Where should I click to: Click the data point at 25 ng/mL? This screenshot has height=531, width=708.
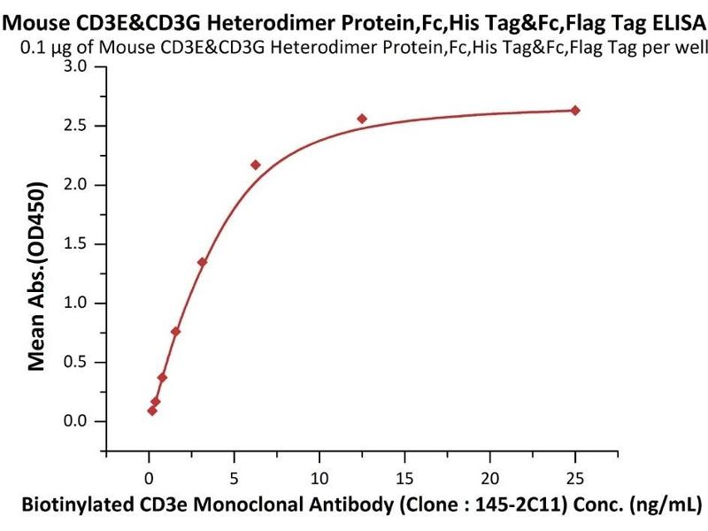(x=575, y=110)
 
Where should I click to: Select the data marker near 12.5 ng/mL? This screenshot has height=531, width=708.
(x=362, y=119)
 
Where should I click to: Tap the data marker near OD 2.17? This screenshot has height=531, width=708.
(x=256, y=165)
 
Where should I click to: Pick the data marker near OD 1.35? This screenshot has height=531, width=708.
(x=202, y=262)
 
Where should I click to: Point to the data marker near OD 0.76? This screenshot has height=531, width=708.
(x=175, y=332)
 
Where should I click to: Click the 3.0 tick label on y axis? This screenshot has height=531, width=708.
(x=77, y=67)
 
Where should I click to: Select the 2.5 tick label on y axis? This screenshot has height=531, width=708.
(x=77, y=126)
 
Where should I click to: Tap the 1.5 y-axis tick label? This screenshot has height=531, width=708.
(x=77, y=244)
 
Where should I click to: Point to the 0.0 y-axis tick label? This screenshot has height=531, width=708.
(x=77, y=421)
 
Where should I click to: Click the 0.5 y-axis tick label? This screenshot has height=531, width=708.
(x=77, y=362)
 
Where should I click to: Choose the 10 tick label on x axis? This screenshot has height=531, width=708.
(x=319, y=479)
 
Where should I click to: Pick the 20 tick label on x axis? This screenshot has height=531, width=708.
(x=489, y=479)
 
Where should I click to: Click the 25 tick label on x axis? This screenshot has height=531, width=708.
(x=575, y=479)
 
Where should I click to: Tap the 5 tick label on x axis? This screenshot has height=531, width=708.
(x=234, y=479)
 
